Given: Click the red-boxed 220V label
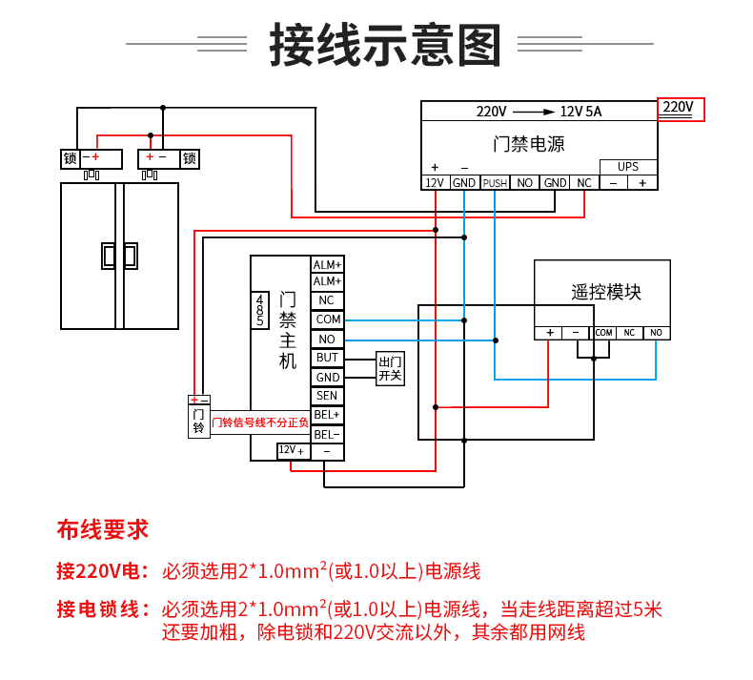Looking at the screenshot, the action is pyautogui.click(x=681, y=110).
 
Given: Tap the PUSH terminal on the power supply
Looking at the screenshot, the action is pyautogui.click(x=495, y=183).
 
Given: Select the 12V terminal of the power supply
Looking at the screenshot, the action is pyautogui.click(x=435, y=183).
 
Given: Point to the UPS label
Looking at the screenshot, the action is pyautogui.click(x=628, y=167).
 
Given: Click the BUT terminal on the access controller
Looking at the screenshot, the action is pyautogui.click(x=327, y=358).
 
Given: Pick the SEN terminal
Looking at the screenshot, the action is pyautogui.click(x=327, y=396).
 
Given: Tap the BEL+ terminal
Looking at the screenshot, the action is pyautogui.click(x=327, y=415).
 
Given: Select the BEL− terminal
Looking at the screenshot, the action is pyautogui.click(x=327, y=435).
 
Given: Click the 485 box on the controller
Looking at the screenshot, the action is pyautogui.click(x=260, y=311).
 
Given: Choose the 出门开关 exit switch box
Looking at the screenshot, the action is pyautogui.click(x=390, y=368).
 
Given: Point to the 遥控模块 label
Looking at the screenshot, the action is pyautogui.click(x=606, y=292).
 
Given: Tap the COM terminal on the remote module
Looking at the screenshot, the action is pyautogui.click(x=603, y=333).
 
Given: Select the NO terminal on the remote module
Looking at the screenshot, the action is pyautogui.click(x=656, y=333).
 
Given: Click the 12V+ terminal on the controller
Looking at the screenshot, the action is pyautogui.click(x=294, y=451).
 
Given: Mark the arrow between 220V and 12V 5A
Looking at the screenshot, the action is pyautogui.click(x=534, y=112).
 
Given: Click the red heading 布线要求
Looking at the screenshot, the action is pyautogui.click(x=103, y=530).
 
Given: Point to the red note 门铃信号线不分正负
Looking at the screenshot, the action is pyautogui.click(x=260, y=422).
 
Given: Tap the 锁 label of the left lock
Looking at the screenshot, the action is pyautogui.click(x=71, y=158).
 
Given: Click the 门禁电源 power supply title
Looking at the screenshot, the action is pyautogui.click(x=529, y=144).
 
